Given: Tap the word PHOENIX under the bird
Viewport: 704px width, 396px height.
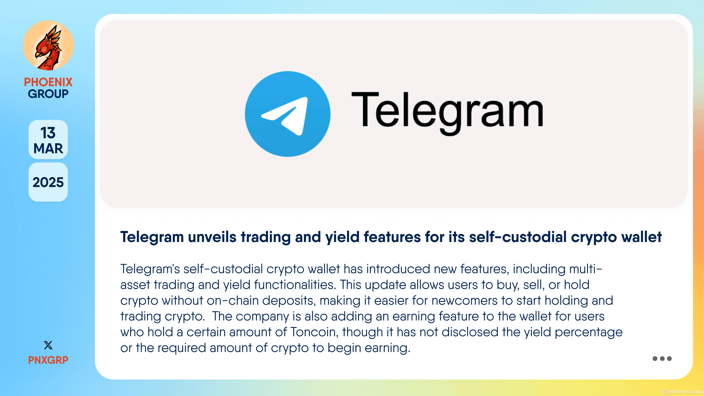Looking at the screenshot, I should [x=48, y=82].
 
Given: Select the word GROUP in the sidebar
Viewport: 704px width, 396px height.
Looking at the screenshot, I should [x=48, y=94].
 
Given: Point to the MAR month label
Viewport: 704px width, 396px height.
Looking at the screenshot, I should [x=48, y=148].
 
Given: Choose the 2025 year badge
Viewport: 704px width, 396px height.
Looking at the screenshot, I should [x=48, y=182].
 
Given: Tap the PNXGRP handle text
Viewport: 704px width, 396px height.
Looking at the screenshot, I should [x=48, y=360].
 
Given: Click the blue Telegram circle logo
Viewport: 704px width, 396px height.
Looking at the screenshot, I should [x=287, y=114].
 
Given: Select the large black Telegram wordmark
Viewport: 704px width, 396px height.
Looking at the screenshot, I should [x=447, y=112].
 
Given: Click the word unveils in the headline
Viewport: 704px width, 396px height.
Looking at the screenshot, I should [x=212, y=237].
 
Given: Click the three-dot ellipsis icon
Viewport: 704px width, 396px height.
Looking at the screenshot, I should [x=662, y=359].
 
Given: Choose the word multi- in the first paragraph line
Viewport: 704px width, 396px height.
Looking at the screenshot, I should [x=585, y=269].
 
